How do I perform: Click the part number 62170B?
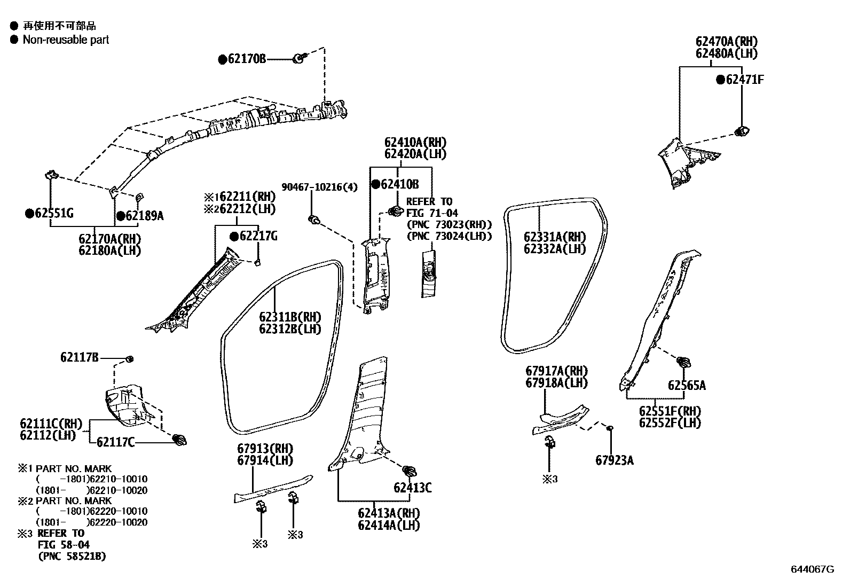click(246, 59)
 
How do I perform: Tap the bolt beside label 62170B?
click(300, 59)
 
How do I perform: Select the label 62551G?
click(54, 214)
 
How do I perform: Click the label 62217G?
click(258, 236)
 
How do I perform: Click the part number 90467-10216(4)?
click(319, 187)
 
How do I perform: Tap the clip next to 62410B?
click(395, 211)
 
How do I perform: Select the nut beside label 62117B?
click(129, 358)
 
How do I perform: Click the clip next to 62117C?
click(180, 441)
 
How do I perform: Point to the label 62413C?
click(413, 487)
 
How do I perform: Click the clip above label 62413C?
click(410, 471)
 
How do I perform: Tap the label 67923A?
click(615, 460)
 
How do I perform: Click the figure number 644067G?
click(812, 569)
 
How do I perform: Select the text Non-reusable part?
click(66, 40)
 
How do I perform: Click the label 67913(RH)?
click(265, 448)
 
